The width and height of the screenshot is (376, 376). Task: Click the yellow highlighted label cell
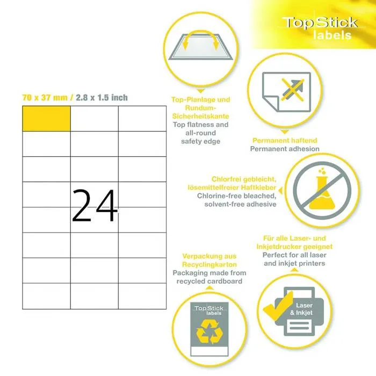click(x=47, y=119)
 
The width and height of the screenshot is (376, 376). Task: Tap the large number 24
click(x=95, y=206)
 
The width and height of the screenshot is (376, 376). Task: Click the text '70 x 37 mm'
click(x=45, y=98)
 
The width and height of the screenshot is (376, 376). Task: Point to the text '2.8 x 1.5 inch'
click(x=102, y=98)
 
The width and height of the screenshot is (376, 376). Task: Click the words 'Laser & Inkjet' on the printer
click(x=301, y=309)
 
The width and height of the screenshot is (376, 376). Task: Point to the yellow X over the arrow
click(x=293, y=90)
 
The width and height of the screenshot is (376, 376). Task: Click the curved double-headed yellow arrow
click(x=201, y=39)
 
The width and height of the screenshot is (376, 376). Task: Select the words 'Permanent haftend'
click(x=285, y=140)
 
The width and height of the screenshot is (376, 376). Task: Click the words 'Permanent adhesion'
click(x=285, y=149)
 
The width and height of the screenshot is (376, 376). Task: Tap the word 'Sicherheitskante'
click(x=201, y=117)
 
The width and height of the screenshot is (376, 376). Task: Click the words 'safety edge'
click(x=201, y=141)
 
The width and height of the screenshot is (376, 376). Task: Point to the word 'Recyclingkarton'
click(x=209, y=264)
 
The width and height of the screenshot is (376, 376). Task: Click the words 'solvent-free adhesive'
click(x=240, y=204)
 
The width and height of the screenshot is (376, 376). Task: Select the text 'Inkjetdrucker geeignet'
click(x=294, y=247)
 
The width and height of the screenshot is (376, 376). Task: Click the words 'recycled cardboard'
click(x=209, y=281)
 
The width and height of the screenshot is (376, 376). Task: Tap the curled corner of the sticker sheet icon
click(x=271, y=104)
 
